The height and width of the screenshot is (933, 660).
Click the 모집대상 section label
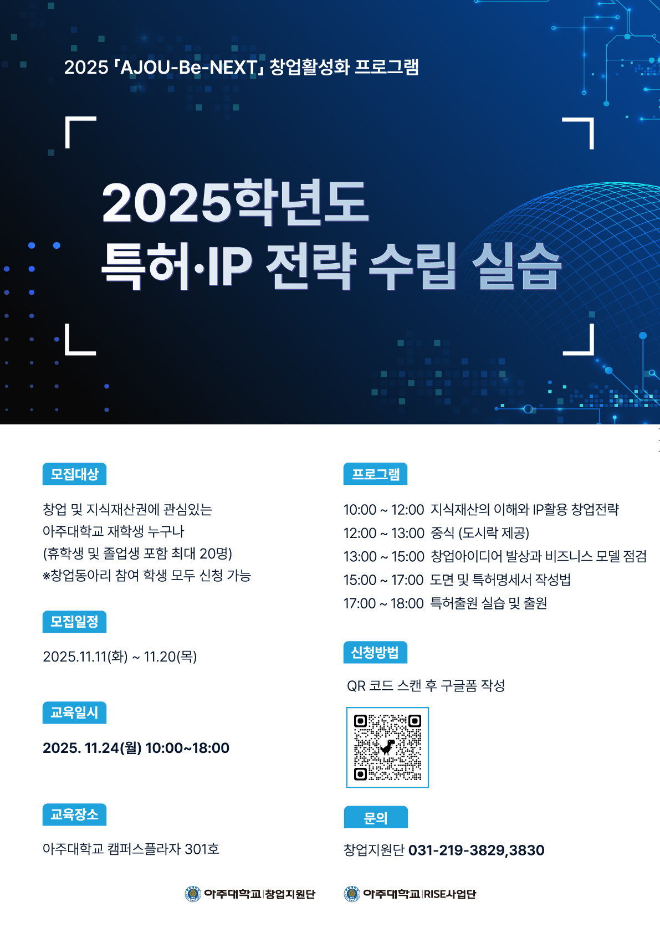coord(74,474)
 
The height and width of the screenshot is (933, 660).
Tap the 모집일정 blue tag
coord(74,622)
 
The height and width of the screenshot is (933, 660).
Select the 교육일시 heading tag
coord(74,712)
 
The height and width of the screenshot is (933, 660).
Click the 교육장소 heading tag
coord(74,814)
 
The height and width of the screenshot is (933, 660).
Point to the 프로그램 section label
coord(375,474)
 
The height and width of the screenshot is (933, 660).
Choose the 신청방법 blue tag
coord(375,652)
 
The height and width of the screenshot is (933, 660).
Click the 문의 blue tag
coord(375,817)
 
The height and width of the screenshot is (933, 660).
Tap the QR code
coord(387,747)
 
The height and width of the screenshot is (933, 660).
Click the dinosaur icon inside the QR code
coord(388,747)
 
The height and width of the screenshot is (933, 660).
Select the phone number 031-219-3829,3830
coord(476,850)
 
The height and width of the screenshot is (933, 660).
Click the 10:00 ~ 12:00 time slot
coord(383,509)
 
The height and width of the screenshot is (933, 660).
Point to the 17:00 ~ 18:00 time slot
coord(383,603)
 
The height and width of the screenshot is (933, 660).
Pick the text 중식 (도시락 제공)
coord(479,533)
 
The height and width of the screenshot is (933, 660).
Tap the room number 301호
coord(202,849)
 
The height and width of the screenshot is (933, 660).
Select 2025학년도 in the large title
coord(236,202)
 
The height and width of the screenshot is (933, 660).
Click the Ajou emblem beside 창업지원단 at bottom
coord(192,894)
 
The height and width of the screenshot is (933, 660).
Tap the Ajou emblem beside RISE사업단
coord(352,894)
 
